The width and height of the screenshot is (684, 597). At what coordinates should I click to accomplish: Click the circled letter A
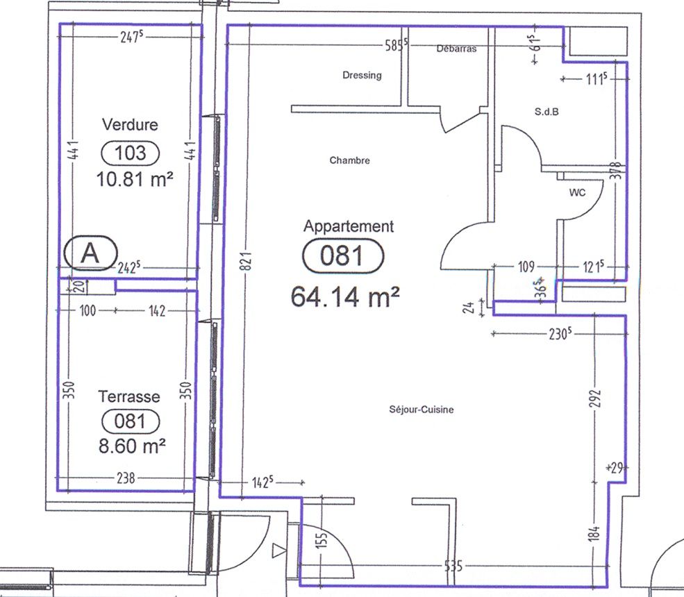[x=91, y=253]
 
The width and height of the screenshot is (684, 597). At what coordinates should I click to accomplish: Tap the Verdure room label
[x=130, y=125]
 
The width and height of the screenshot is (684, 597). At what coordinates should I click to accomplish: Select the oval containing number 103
[x=131, y=153]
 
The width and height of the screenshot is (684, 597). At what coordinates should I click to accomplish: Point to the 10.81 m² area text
[x=134, y=179]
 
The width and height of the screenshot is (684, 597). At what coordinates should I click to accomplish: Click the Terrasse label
[x=129, y=396]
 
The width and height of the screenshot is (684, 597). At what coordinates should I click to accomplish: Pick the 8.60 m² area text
[x=132, y=446]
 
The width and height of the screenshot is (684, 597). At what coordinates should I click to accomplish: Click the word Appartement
[x=349, y=226]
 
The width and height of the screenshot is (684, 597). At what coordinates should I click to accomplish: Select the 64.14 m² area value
[x=344, y=296]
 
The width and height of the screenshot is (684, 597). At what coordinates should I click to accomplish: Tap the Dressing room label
[x=362, y=76]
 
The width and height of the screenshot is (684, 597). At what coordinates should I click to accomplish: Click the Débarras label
[x=456, y=49]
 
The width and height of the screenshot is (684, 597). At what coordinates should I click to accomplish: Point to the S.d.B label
[x=547, y=112]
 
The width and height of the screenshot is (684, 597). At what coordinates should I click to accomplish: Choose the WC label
[x=577, y=192]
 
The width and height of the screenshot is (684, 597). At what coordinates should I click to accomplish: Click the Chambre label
[x=349, y=160]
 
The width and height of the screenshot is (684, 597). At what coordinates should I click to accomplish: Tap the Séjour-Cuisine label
[x=422, y=410]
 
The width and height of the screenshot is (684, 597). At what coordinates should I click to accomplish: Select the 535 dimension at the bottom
[x=453, y=566]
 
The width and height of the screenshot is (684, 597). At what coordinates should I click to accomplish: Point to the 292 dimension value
[x=595, y=399]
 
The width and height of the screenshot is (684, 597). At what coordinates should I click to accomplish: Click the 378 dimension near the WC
[x=617, y=171]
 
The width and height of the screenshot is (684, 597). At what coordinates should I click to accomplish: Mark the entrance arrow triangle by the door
[x=278, y=550]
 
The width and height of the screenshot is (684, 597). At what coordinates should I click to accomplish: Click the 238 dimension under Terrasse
[x=126, y=478]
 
